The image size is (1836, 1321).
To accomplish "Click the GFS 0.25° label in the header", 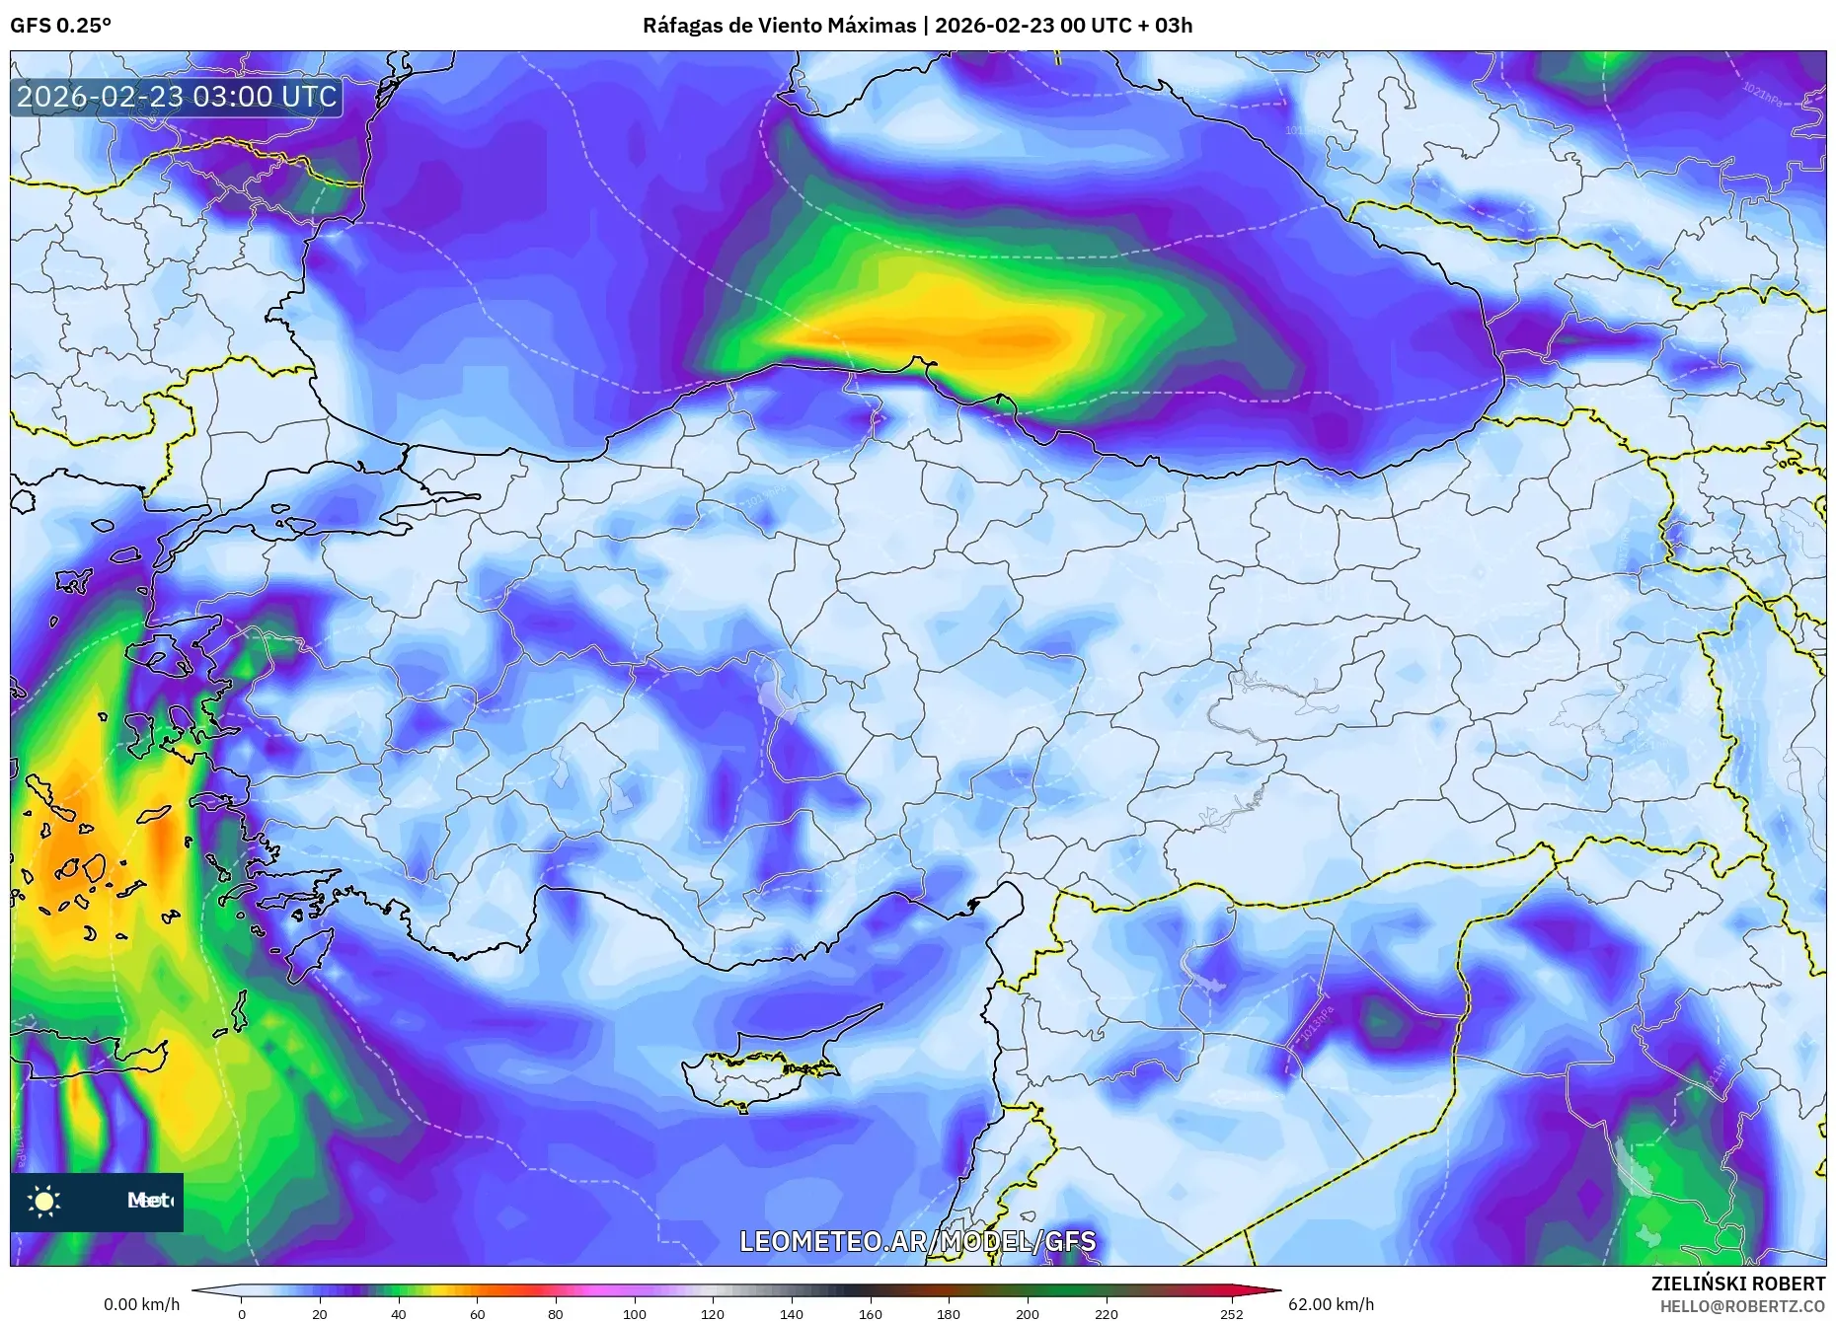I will (60, 25).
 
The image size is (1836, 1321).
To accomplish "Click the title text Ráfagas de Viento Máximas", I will (779, 25).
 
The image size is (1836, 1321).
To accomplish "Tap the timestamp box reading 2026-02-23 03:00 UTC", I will (177, 97).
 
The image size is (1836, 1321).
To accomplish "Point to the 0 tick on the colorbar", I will (241, 1313).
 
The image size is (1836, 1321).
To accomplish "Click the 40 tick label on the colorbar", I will (398, 1313).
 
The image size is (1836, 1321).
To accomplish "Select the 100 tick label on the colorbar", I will (634, 1313).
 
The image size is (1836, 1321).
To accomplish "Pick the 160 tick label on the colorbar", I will (870, 1313).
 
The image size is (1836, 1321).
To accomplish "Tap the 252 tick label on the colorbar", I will (1231, 1313).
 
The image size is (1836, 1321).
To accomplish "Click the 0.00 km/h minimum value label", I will (142, 1304).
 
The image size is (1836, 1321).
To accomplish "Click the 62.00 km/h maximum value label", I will (1331, 1304).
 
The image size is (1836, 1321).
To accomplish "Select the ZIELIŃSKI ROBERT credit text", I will (1737, 1284).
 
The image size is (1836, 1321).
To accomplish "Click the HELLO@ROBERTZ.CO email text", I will (1741, 1305).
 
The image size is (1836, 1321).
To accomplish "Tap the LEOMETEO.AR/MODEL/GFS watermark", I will (917, 1240).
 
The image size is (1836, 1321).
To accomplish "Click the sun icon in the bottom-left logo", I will (44, 1201).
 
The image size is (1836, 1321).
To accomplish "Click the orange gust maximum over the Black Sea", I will (1017, 338).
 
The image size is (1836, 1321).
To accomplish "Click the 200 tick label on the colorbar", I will (1027, 1313).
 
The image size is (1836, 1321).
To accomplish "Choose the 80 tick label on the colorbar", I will (556, 1313).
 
